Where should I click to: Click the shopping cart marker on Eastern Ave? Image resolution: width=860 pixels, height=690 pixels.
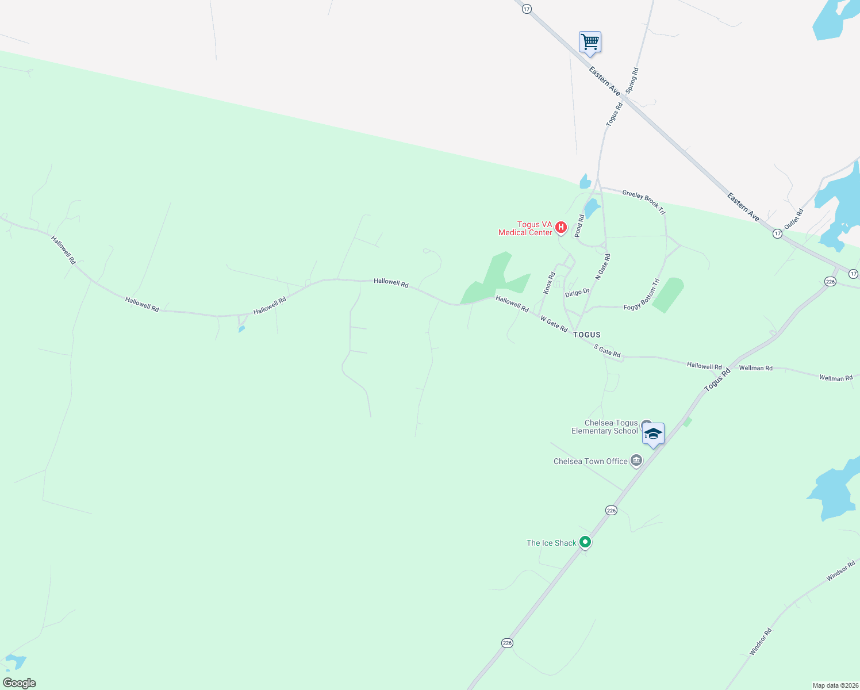coord(590,43)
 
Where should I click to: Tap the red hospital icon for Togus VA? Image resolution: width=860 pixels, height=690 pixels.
coord(561,228)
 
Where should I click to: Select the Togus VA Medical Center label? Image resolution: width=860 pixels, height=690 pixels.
coord(525,229)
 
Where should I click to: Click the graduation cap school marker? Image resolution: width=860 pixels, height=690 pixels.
coord(653,434)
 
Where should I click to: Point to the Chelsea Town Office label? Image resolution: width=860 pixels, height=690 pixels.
coord(590,461)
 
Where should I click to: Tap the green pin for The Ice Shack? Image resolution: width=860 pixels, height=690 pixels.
coord(585,542)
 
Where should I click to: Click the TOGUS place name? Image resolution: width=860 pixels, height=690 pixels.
coord(586,335)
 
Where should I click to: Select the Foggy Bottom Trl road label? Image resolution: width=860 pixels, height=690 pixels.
coord(642,295)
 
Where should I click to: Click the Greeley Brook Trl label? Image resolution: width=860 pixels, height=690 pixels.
coord(643,202)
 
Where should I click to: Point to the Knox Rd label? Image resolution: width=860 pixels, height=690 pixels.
coord(550,283)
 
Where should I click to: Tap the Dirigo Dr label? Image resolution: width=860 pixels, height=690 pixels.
coord(577,293)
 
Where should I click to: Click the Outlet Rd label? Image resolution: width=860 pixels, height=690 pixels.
coord(794,218)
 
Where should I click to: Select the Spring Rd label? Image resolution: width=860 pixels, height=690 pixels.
coord(632,80)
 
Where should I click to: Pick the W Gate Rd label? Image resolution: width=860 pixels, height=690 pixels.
coord(554,324)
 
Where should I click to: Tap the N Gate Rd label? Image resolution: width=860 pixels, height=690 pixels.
coord(602,267)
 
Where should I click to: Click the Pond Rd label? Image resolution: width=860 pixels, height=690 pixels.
coord(579,226)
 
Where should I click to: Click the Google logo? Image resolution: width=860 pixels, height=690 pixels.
coord(20,683)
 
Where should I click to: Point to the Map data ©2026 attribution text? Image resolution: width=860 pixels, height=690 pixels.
coord(835,685)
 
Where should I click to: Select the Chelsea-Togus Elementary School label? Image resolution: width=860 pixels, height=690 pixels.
coord(605,427)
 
